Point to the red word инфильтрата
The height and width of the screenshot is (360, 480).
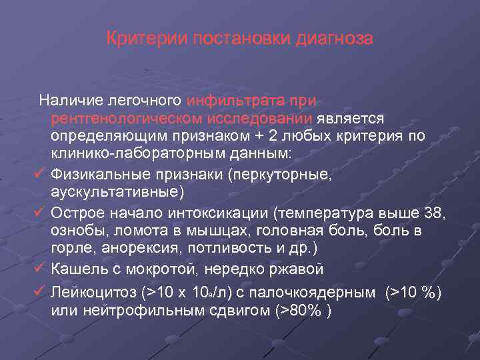point(235,101)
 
